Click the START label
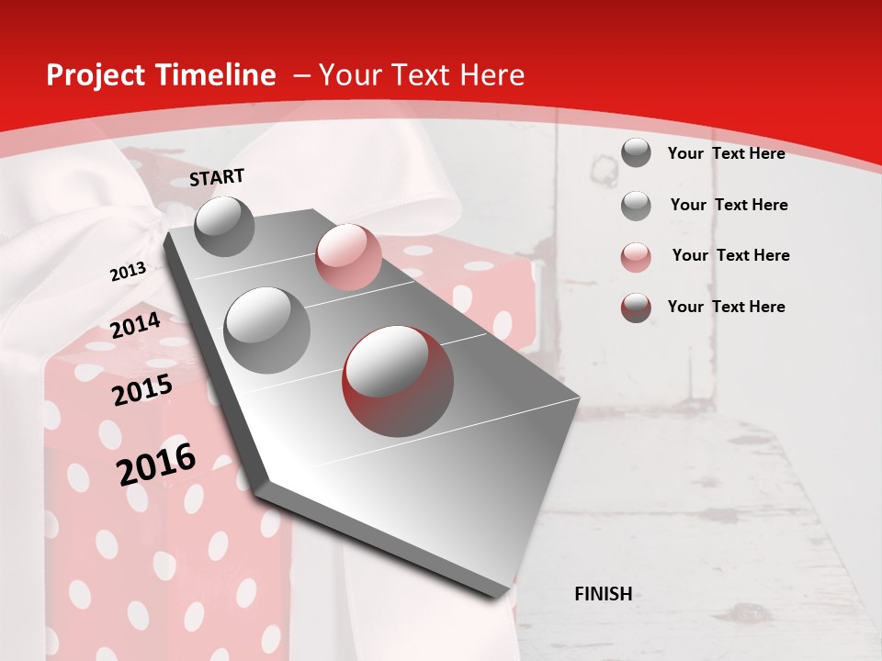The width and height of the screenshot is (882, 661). point(217,177)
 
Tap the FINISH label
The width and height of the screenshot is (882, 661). point(603,594)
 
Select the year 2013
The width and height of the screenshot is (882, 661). point(128,272)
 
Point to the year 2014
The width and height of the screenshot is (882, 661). point(135,326)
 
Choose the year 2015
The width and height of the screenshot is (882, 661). point(142,390)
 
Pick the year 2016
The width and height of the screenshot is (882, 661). point(156,465)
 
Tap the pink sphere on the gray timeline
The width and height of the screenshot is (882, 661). point(348,257)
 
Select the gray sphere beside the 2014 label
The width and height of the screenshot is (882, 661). point(266,330)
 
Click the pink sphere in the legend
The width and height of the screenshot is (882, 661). point(636,257)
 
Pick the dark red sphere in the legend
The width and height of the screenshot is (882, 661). point(636,308)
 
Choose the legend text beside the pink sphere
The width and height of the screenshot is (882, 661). point(730,255)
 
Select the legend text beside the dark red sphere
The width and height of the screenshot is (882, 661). point(726,307)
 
